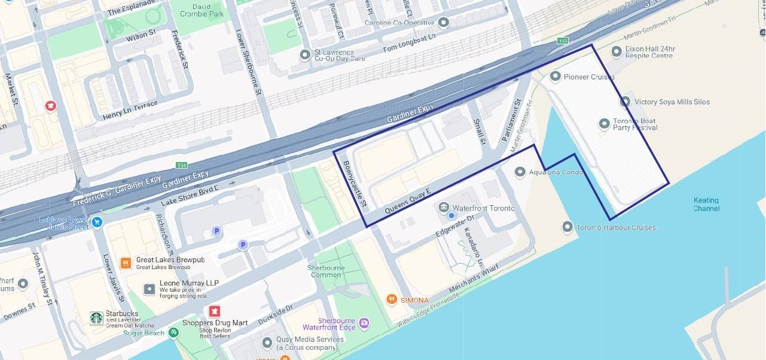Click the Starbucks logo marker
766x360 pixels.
(x=96, y=318)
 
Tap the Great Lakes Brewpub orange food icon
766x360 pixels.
(x=126, y=263)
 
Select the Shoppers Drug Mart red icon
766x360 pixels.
(x=214, y=312)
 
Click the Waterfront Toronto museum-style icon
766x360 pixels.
(x=444, y=208)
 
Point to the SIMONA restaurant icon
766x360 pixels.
(x=392, y=300)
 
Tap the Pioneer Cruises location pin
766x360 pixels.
(x=555, y=77)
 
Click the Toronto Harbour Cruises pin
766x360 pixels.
(x=567, y=227)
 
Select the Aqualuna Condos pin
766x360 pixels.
(x=520, y=172)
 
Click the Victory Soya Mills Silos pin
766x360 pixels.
(x=625, y=102)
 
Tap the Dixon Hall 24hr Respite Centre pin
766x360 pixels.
(x=617, y=52)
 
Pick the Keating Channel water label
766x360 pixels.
(x=706, y=205)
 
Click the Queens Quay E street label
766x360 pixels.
(x=408, y=201)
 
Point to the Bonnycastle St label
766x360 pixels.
(x=356, y=184)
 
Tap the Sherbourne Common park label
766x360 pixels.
(x=326, y=271)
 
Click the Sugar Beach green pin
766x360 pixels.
(x=173, y=332)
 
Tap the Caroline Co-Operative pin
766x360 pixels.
(x=443, y=23)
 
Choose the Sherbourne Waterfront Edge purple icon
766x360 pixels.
(x=364, y=324)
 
